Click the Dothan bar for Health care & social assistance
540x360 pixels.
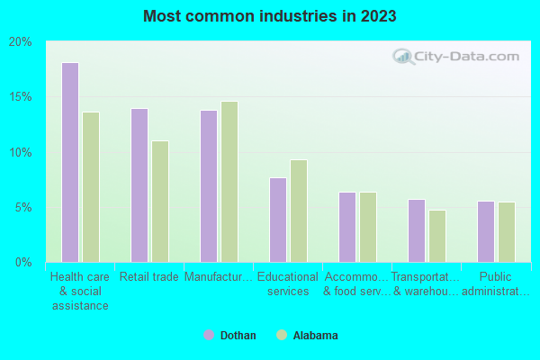tap(69, 162)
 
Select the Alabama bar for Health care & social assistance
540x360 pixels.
tap(91, 187)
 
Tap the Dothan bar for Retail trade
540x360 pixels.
tap(139, 185)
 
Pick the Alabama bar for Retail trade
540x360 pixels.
tap(160, 202)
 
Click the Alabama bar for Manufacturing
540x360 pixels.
tap(229, 182)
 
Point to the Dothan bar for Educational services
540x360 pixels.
tap(277, 220)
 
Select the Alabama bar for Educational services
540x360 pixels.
tap(299, 211)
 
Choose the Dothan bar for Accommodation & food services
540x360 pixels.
tap(346, 227)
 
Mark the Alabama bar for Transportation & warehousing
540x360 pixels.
tap(437, 236)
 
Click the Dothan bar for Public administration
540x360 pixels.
tap(485, 231)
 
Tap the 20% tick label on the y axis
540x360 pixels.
tap(21, 41)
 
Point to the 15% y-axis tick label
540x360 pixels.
tap(21, 97)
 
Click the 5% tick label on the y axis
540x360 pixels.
tap(23, 207)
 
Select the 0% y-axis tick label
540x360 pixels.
tap(23, 262)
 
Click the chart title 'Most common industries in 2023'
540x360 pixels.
tap(269, 16)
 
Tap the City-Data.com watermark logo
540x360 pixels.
tap(455, 58)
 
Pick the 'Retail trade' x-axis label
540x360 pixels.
tap(148, 277)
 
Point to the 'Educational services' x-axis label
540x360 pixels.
tap(288, 283)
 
